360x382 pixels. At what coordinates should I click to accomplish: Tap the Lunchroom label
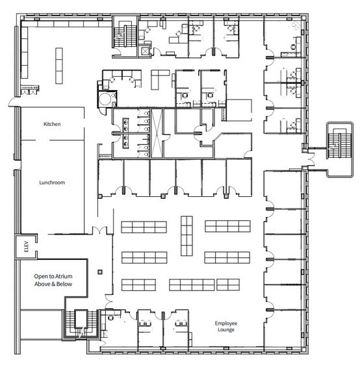53,183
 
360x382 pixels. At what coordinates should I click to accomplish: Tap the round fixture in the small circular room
104,97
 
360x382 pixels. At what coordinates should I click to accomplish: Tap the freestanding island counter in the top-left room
58,65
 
